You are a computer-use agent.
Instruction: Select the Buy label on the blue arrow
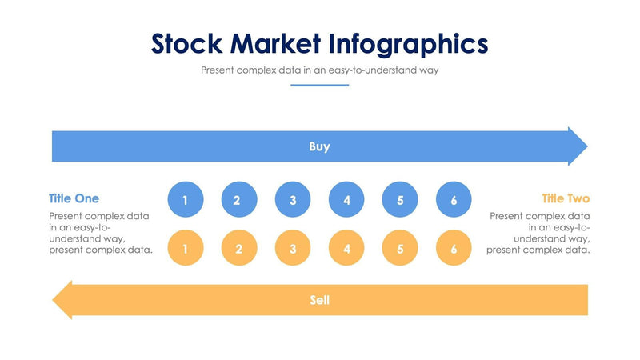point(319,146)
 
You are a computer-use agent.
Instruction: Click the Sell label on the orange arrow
point(319,301)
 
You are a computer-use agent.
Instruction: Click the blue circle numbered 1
point(186,200)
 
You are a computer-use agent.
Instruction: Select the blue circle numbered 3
point(293,200)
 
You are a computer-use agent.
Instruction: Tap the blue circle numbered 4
point(346,200)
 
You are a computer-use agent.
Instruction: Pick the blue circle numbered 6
point(454,200)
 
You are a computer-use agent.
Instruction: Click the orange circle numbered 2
point(239,249)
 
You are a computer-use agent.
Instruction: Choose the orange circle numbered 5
point(400,249)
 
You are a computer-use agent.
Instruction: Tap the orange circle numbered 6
point(454,249)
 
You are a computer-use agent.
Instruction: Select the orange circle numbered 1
point(186,249)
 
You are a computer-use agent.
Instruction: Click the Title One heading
point(74,198)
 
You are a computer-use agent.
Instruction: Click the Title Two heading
point(566,198)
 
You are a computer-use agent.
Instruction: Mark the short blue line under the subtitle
point(319,85)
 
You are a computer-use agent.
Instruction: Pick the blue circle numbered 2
point(239,200)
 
